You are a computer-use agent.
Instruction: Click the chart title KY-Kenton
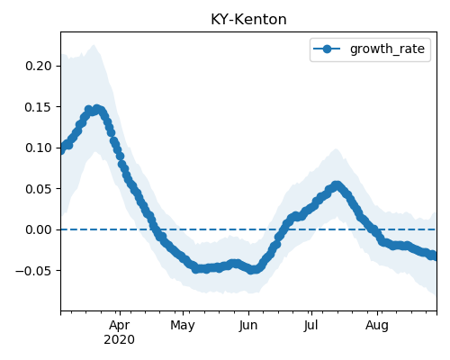click(248, 20)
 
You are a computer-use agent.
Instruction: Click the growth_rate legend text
click(387, 49)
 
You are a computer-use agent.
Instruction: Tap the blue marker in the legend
click(327, 49)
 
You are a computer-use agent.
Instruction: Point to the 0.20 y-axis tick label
click(39, 66)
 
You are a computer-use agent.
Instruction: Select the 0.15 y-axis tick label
click(39, 107)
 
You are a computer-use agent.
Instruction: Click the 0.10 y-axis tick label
click(39, 148)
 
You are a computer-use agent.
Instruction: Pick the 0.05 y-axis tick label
click(39, 189)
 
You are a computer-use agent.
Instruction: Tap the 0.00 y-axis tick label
click(39, 229)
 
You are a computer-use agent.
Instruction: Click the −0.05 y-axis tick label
click(34, 271)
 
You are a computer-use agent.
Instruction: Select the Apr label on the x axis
click(120, 325)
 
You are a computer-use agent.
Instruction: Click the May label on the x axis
click(183, 325)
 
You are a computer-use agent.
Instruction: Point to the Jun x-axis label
click(248, 325)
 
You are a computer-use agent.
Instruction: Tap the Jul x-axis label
click(311, 325)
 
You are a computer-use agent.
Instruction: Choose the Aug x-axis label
click(377, 325)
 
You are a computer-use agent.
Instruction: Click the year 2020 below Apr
click(119, 339)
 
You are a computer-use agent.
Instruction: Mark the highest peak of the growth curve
click(96, 109)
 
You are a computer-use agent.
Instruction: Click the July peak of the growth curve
click(337, 185)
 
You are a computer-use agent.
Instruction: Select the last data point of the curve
click(435, 256)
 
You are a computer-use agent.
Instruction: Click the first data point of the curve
click(61, 149)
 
